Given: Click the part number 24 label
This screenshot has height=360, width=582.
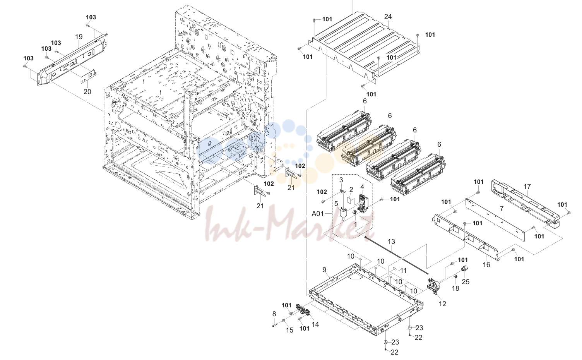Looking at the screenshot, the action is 388,17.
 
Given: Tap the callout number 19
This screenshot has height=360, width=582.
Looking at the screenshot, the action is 79,37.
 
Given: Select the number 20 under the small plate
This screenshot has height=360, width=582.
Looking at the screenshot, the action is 87,91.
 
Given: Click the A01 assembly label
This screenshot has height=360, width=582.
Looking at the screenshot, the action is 317,214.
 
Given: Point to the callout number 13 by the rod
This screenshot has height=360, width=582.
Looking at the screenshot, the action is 391,242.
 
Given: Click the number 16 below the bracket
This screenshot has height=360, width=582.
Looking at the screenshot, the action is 486,265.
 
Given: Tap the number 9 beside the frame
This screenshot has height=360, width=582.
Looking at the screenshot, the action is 325,270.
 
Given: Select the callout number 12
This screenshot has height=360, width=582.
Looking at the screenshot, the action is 442,303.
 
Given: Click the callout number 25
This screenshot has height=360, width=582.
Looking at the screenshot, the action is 466,282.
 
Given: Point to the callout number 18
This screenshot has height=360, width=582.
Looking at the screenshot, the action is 455,288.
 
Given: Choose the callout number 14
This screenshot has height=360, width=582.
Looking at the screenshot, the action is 315,324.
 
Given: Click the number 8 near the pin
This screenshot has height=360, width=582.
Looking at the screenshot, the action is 274,314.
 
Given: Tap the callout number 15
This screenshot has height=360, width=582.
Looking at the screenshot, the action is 290,330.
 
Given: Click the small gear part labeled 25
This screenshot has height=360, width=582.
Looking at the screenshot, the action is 464,269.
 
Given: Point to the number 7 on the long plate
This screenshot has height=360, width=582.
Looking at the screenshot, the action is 502,208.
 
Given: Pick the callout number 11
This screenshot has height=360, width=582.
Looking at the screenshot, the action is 403,271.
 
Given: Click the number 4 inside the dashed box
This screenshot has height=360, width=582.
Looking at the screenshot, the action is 362,187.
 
